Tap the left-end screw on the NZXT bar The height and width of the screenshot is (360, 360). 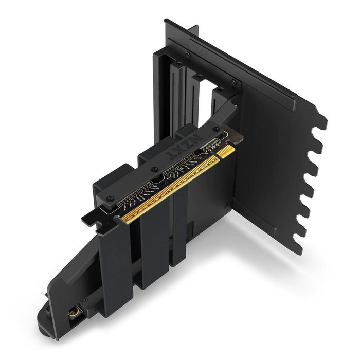[110, 197]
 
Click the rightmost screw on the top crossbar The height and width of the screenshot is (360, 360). [233, 82]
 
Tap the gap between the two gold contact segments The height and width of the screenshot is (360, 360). [219, 156]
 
